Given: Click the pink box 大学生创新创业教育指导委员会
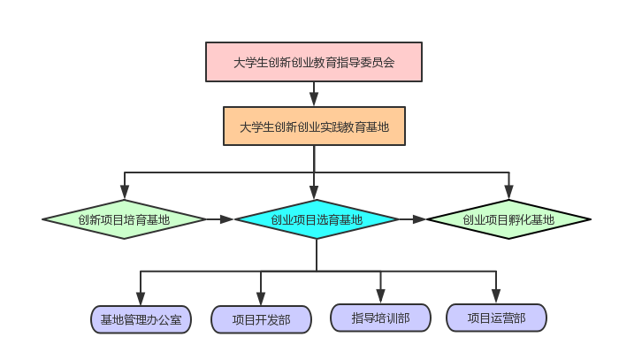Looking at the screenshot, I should [x=314, y=62].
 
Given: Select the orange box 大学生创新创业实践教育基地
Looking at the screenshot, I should [x=314, y=126].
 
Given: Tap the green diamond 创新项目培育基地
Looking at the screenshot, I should [x=124, y=219].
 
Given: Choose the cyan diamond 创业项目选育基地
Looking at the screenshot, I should [x=316, y=219].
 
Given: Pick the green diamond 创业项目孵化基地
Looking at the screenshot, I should [x=508, y=219].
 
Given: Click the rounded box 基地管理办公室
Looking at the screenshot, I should [x=141, y=319].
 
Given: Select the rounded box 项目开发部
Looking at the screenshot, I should [x=261, y=319].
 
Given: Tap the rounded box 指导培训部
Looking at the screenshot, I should [x=380, y=318].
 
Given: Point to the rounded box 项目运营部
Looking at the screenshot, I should [x=496, y=318].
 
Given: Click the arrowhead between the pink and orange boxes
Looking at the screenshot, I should [x=314, y=99].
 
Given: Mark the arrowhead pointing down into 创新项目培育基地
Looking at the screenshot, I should [x=124, y=192].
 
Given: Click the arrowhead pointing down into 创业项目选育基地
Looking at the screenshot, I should [x=315, y=192].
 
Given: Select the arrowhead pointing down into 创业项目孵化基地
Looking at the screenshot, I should [x=508, y=192].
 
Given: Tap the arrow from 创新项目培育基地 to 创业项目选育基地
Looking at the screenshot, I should [x=220, y=219].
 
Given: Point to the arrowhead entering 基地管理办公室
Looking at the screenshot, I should [x=141, y=298].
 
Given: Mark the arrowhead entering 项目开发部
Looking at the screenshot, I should [x=261, y=299].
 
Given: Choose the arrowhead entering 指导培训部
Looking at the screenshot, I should [x=380, y=296].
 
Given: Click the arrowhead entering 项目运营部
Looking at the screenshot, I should [x=496, y=296].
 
